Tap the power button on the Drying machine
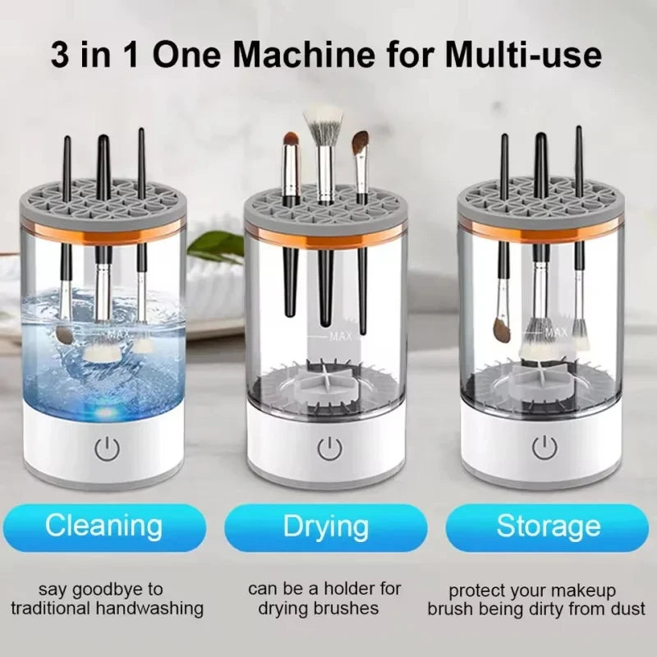pyautogui.click(x=328, y=448)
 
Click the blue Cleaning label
pyautogui.click(x=103, y=526)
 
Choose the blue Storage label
pyautogui.click(x=549, y=526)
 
